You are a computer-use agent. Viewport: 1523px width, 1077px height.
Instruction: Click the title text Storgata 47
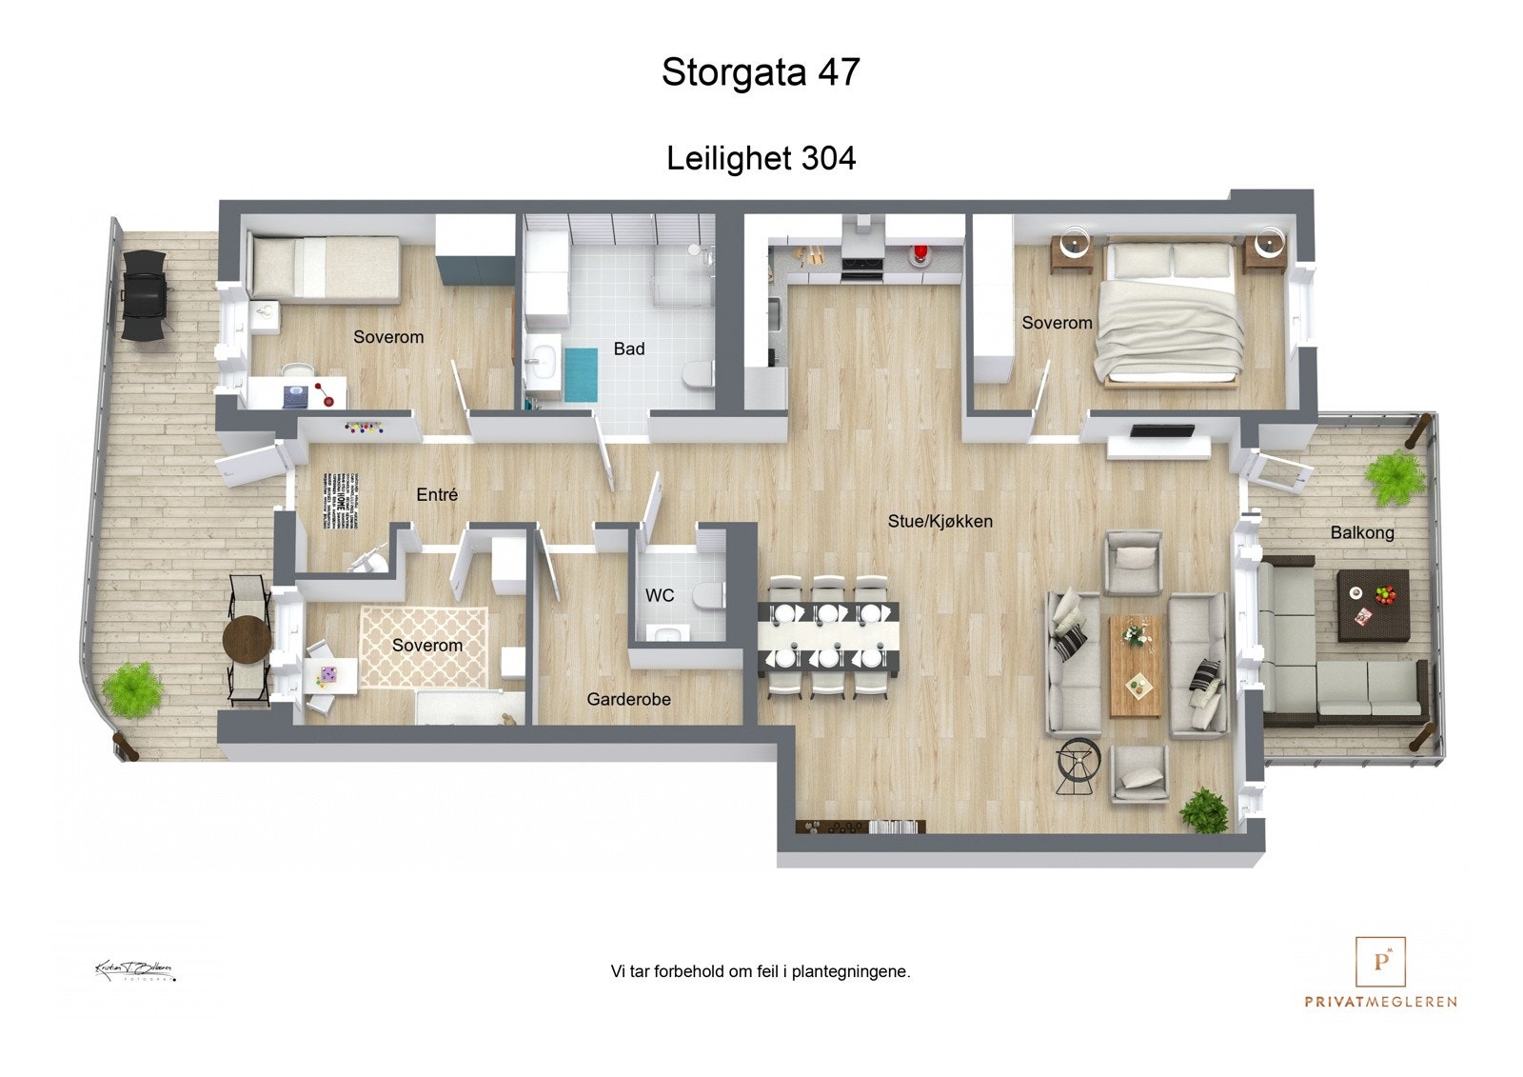pyautogui.click(x=761, y=72)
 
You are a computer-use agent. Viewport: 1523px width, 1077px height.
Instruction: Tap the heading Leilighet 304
pyautogui.click(x=761, y=157)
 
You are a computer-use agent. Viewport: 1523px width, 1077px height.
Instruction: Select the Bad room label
pyautogui.click(x=628, y=349)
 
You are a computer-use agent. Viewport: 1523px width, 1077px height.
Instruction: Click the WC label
pyautogui.click(x=660, y=595)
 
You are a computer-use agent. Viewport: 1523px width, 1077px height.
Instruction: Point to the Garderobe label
pyautogui.click(x=628, y=699)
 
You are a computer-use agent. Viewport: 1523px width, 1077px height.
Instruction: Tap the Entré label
pyautogui.click(x=437, y=494)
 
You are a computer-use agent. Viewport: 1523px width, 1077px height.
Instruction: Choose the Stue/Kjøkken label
pyautogui.click(x=940, y=521)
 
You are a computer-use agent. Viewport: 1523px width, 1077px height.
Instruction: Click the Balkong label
pyautogui.click(x=1362, y=532)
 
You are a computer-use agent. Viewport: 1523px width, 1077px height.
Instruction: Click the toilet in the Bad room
pyautogui.click(x=698, y=375)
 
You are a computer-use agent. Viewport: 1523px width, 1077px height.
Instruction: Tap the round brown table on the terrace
pyautogui.click(x=247, y=637)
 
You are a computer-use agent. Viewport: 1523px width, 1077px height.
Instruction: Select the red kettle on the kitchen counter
pyautogui.click(x=920, y=255)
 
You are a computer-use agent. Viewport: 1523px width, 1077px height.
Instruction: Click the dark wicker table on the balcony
pyautogui.click(x=1373, y=605)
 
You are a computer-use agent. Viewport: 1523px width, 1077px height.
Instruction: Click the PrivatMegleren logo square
pyautogui.click(x=1380, y=962)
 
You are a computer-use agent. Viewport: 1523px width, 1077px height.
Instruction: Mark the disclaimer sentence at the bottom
pyautogui.click(x=761, y=971)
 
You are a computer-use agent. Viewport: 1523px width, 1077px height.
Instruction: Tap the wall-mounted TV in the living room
pyautogui.click(x=1161, y=432)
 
